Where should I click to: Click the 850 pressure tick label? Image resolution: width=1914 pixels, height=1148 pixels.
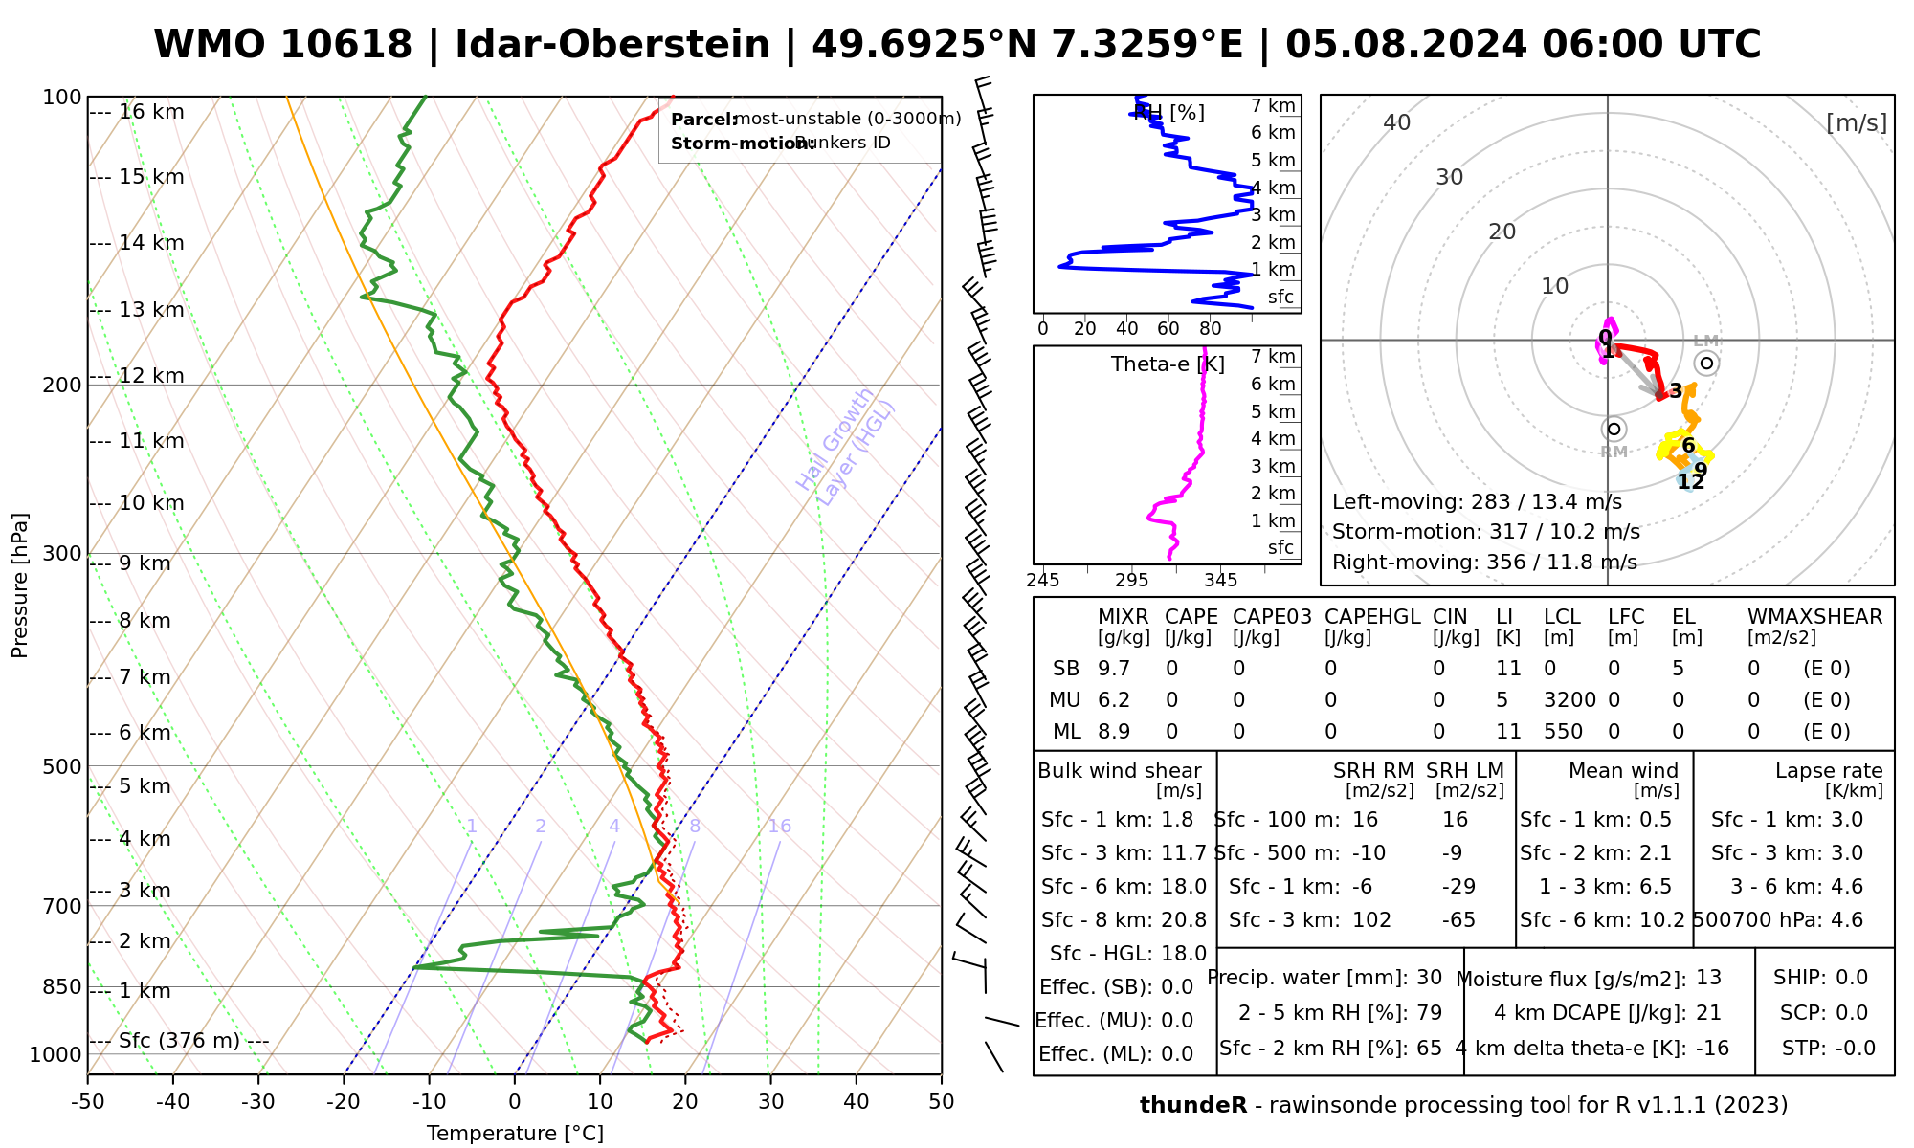coord(63,986)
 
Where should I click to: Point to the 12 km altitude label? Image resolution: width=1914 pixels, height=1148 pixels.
coord(151,376)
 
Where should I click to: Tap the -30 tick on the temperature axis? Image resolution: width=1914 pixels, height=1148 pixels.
coord(258,1102)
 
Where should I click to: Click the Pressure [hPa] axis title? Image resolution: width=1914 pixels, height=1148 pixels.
coord(20,585)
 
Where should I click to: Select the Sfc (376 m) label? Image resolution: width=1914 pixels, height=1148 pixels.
coord(179,1041)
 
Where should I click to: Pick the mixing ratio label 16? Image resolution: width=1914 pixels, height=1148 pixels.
coord(779,827)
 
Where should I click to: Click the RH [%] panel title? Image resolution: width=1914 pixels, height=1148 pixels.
coord(1168,113)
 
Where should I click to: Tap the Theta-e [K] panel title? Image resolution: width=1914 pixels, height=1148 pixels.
coord(1154,364)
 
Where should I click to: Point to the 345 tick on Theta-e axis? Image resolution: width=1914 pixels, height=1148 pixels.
coord(1220,581)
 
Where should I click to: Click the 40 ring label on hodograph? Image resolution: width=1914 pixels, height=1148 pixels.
coord(1397,122)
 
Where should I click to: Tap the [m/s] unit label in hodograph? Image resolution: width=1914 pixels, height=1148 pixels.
coord(1856,123)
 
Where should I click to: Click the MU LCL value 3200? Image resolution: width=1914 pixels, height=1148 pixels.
coord(1569,700)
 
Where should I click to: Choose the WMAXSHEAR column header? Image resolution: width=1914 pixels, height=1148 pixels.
coord(1814,617)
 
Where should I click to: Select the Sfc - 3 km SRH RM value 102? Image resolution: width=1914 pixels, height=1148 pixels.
coord(1371,920)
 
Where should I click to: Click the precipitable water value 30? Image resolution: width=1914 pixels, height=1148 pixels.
coord(1429,978)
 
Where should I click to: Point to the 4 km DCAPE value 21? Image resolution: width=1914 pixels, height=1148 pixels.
coord(1708,1013)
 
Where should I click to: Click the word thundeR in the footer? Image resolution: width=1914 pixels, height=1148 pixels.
coord(1192,1106)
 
